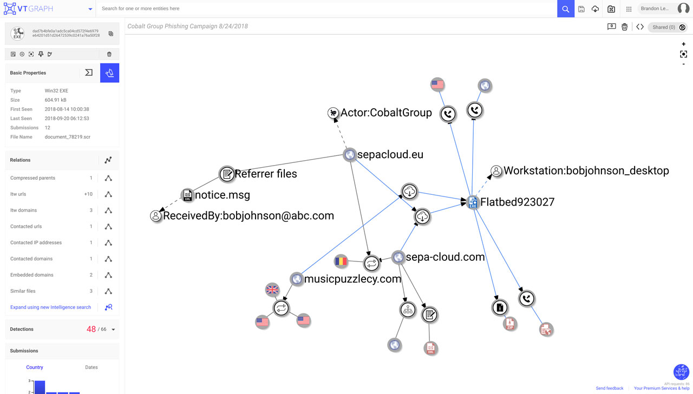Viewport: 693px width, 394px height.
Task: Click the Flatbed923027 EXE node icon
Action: (473, 202)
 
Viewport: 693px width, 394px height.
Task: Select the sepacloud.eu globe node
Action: (350, 155)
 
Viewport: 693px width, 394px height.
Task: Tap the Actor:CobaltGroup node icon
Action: (333, 113)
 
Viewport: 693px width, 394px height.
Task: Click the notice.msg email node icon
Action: (187, 195)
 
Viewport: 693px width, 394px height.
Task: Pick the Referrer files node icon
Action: (226, 174)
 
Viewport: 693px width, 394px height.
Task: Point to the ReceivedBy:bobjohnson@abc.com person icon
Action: (156, 216)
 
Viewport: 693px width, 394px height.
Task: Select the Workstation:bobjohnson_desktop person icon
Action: (496, 171)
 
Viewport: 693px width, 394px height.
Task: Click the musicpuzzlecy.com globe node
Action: (296, 279)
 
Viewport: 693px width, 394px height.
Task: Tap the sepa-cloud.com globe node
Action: (398, 257)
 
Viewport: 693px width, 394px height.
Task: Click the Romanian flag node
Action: (341, 261)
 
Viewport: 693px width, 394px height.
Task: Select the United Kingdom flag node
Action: (272, 289)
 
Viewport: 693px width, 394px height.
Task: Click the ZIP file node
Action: (509, 324)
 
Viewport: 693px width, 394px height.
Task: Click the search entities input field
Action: (325, 9)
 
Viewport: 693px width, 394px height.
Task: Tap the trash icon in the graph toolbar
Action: (624, 27)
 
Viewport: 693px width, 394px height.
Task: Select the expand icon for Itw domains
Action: (108, 210)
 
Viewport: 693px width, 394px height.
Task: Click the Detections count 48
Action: (91, 329)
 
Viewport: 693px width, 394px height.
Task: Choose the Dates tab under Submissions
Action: (91, 367)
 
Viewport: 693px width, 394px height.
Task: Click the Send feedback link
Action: (610, 388)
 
